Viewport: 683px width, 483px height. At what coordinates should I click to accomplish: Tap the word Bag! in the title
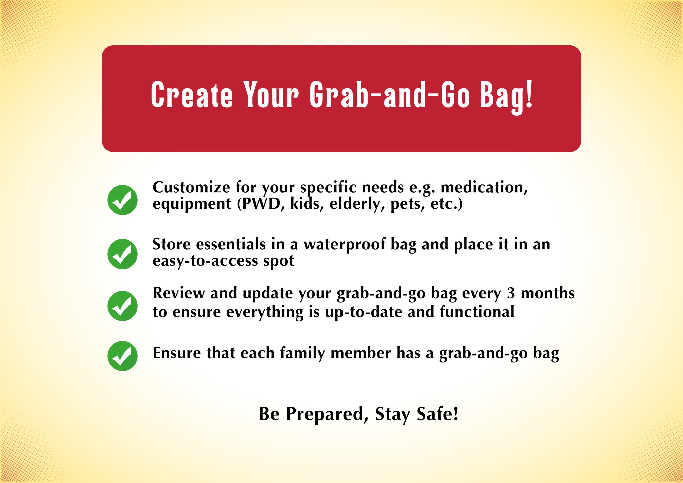click(x=506, y=97)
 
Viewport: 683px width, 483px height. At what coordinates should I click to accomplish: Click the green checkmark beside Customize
click(x=122, y=200)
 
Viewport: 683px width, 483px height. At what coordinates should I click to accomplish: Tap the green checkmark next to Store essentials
click(x=122, y=254)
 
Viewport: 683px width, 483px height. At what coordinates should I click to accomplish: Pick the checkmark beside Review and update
click(x=122, y=306)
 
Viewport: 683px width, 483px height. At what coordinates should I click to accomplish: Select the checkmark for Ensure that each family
click(x=122, y=356)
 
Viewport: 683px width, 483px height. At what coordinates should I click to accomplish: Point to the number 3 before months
click(x=511, y=293)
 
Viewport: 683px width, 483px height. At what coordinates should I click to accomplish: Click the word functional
click(x=477, y=312)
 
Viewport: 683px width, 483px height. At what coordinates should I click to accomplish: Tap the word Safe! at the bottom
click(x=438, y=414)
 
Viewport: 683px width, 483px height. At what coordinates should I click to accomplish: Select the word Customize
click(x=191, y=188)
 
